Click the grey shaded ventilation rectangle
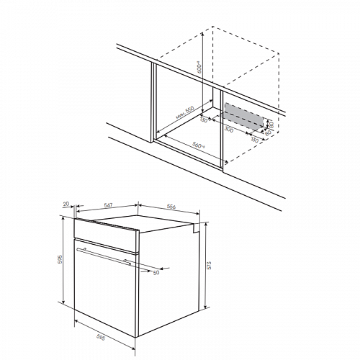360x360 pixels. pyautogui.click(x=242, y=115)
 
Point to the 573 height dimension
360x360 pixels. pyautogui.click(x=207, y=273)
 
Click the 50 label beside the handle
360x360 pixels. pyautogui.click(x=156, y=272)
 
